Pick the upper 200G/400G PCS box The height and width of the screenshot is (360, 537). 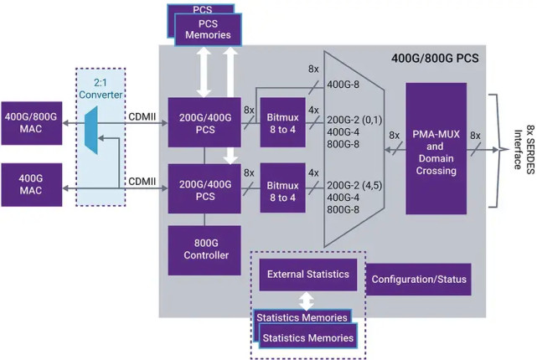point(204,119)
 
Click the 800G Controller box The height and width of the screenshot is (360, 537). point(204,249)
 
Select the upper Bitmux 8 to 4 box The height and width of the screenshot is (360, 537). point(281,119)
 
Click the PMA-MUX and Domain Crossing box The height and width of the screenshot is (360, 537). point(436,148)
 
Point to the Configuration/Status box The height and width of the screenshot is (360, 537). point(418,279)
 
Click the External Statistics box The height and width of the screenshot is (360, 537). point(308,275)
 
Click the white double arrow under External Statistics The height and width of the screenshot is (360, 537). point(307,300)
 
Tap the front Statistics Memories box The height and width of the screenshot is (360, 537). point(307,337)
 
